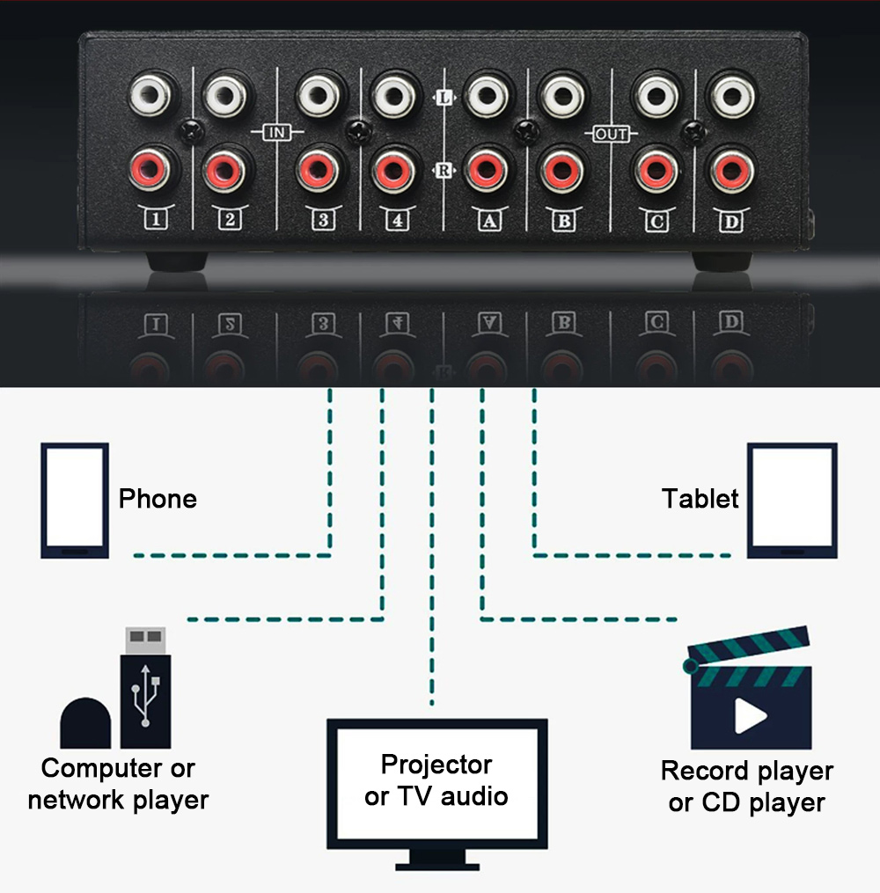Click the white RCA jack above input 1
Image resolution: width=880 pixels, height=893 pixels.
(x=150, y=95)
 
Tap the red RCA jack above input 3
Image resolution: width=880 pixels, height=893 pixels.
(x=319, y=170)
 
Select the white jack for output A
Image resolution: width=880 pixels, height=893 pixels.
(x=486, y=96)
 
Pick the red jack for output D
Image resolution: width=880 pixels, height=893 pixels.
(x=731, y=171)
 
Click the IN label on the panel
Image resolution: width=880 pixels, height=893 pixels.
(x=277, y=133)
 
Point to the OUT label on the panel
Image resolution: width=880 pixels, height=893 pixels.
(x=611, y=135)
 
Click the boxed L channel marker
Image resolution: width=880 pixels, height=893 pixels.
(x=444, y=98)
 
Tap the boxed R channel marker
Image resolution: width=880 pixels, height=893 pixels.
(x=444, y=171)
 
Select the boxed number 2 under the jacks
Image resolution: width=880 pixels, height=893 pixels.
(x=230, y=219)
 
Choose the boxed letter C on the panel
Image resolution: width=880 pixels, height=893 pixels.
(x=656, y=221)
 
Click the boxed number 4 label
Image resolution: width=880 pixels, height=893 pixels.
(x=398, y=220)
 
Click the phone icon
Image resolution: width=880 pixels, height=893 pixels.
(x=75, y=500)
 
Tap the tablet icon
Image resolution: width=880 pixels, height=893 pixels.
(x=792, y=500)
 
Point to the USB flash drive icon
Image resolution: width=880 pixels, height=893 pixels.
(x=145, y=688)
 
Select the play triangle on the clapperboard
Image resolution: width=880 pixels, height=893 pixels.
(x=750, y=716)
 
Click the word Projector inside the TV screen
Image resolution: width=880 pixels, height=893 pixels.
(x=436, y=765)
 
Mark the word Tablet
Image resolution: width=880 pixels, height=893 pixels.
(x=700, y=498)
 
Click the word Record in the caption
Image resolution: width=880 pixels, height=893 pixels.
(x=705, y=771)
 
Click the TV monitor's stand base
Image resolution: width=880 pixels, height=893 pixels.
(x=437, y=867)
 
